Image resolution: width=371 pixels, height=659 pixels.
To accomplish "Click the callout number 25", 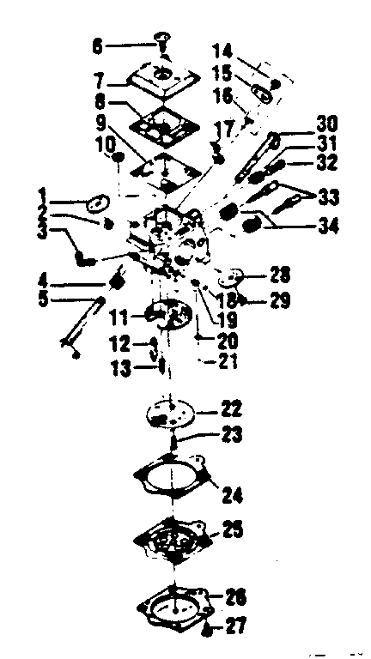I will [231, 529].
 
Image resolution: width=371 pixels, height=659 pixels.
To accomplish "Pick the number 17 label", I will [222, 130].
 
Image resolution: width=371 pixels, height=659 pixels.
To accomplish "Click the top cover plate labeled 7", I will [163, 79].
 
